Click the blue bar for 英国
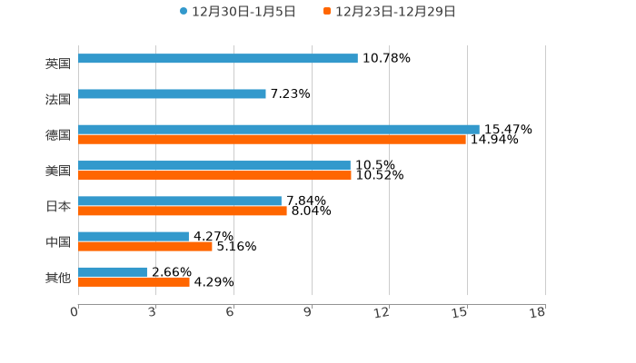218,59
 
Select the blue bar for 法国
173,94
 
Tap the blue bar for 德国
279,130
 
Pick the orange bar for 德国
273,140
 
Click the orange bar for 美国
214,175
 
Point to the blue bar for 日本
180,201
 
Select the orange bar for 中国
145,246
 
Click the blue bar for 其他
113,272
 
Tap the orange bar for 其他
134,282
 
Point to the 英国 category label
58,64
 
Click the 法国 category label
58,100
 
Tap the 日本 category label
58,207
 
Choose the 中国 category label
58,242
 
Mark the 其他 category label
58,278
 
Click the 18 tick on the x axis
538,312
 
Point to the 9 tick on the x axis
307,312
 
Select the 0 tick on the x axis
75,312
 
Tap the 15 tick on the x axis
461,312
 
